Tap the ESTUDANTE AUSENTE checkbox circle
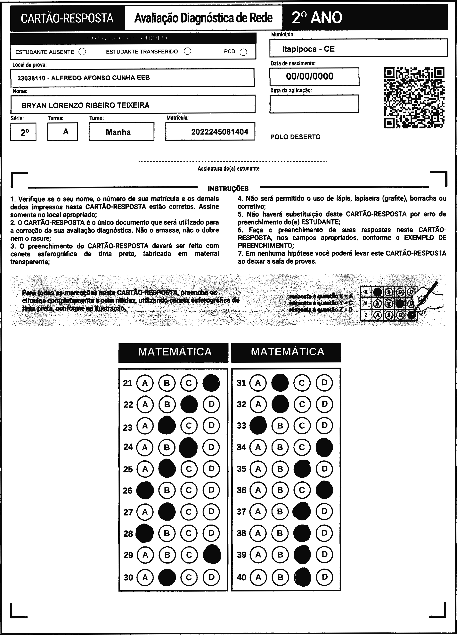(x=82, y=52)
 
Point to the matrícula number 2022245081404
(x=220, y=132)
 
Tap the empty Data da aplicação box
(x=314, y=104)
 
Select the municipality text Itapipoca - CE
(x=308, y=49)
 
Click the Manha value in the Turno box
(x=118, y=132)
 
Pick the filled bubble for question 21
(x=211, y=383)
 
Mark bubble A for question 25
(x=145, y=469)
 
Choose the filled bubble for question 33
(x=258, y=426)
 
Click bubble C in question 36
(x=302, y=490)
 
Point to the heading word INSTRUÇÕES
(x=228, y=189)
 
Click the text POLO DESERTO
(x=295, y=137)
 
